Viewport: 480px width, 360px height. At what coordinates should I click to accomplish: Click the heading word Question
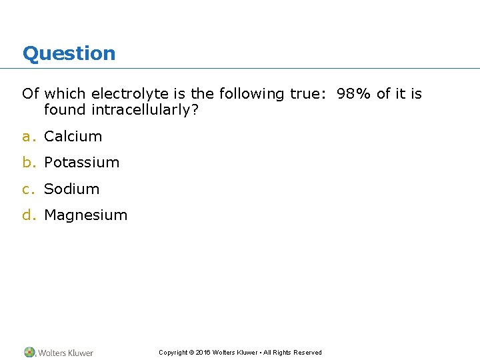(x=69, y=53)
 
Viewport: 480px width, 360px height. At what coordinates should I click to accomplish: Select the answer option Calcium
(x=73, y=137)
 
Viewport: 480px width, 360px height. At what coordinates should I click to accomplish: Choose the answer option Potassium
(x=81, y=163)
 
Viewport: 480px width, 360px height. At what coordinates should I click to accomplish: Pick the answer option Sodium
(x=71, y=189)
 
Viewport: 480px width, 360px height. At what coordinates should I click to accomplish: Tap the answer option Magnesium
(x=85, y=215)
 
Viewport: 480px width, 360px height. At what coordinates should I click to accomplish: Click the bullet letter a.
(x=27, y=137)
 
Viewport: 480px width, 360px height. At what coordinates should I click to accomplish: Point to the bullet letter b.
(x=27, y=163)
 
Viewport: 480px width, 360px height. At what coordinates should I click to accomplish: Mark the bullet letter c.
(x=27, y=189)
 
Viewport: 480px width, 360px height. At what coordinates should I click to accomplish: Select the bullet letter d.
(x=27, y=215)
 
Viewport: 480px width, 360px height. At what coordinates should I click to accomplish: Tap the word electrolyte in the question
(x=130, y=94)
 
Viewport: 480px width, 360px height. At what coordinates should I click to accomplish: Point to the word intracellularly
(x=145, y=110)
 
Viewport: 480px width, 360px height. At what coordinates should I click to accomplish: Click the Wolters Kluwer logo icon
(x=30, y=352)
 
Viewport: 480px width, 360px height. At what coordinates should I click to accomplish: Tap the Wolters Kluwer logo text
(x=65, y=353)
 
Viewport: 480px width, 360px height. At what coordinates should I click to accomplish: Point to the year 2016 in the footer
(x=203, y=353)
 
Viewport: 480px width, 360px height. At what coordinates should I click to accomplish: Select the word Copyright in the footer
(x=173, y=353)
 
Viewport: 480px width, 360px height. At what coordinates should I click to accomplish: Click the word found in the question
(x=65, y=110)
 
